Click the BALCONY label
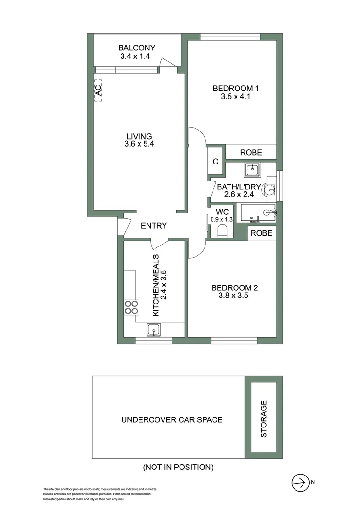pyautogui.click(x=137, y=48)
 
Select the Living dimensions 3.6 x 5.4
pyautogui.click(x=136, y=144)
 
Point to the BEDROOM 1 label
pyautogui.click(x=236, y=88)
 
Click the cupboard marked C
pyautogui.click(x=215, y=162)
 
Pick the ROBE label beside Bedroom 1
pyautogui.click(x=251, y=153)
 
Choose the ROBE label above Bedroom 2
pyautogui.click(x=260, y=233)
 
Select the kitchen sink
pyautogui.click(x=154, y=329)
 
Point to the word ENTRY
pyautogui.click(x=154, y=226)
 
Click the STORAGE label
pyautogui.click(x=264, y=419)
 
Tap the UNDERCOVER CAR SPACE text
pyautogui.click(x=172, y=419)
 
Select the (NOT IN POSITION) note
pyautogui.click(x=178, y=468)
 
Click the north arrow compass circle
pyautogui.click(x=299, y=482)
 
